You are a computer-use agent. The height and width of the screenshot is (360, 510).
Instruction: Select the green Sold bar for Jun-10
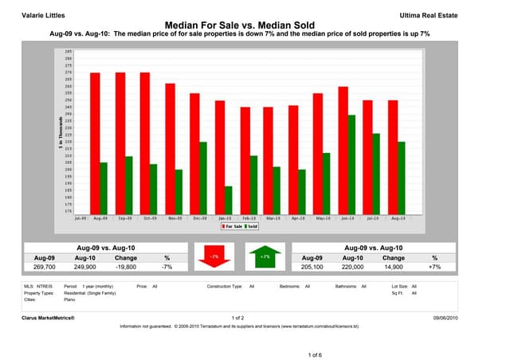[352, 163]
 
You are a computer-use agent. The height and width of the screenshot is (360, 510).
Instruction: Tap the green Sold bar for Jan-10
[229, 198]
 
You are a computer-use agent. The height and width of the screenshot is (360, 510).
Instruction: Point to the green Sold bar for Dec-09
[204, 176]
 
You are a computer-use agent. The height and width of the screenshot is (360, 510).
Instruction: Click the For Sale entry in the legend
[234, 226]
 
